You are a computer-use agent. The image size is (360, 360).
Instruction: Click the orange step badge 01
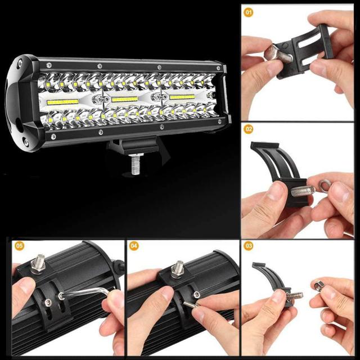tap(249, 12)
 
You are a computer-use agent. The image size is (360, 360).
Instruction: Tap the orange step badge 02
tap(249, 129)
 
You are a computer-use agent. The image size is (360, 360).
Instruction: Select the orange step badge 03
tap(249, 246)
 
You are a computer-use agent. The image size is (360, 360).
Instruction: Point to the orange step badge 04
tap(134, 246)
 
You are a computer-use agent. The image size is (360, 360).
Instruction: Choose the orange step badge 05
tap(19, 246)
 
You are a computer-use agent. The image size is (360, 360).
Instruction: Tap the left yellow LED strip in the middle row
tap(62, 102)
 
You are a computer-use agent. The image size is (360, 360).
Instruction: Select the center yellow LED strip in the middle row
tap(124, 99)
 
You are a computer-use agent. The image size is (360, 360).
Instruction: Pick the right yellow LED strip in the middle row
tap(182, 97)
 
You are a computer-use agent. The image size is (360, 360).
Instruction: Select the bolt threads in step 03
tap(295, 296)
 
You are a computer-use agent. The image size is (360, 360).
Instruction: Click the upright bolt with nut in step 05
tap(38, 264)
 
